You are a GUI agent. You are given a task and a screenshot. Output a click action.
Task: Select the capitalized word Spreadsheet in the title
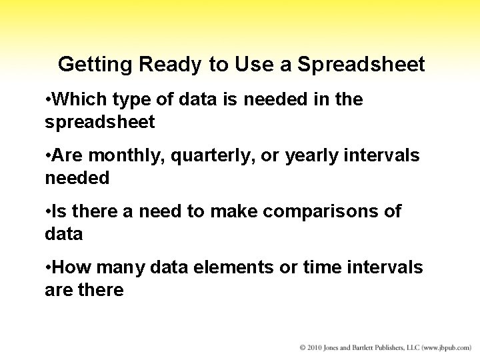tap(361, 65)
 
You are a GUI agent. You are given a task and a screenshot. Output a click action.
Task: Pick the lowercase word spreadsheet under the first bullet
tap(99, 123)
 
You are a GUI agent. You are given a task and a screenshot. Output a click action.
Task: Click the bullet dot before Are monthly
tap(48, 156)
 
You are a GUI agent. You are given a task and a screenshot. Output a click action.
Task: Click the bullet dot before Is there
tap(48, 212)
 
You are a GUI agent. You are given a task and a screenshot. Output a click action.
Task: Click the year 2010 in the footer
tap(316, 348)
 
